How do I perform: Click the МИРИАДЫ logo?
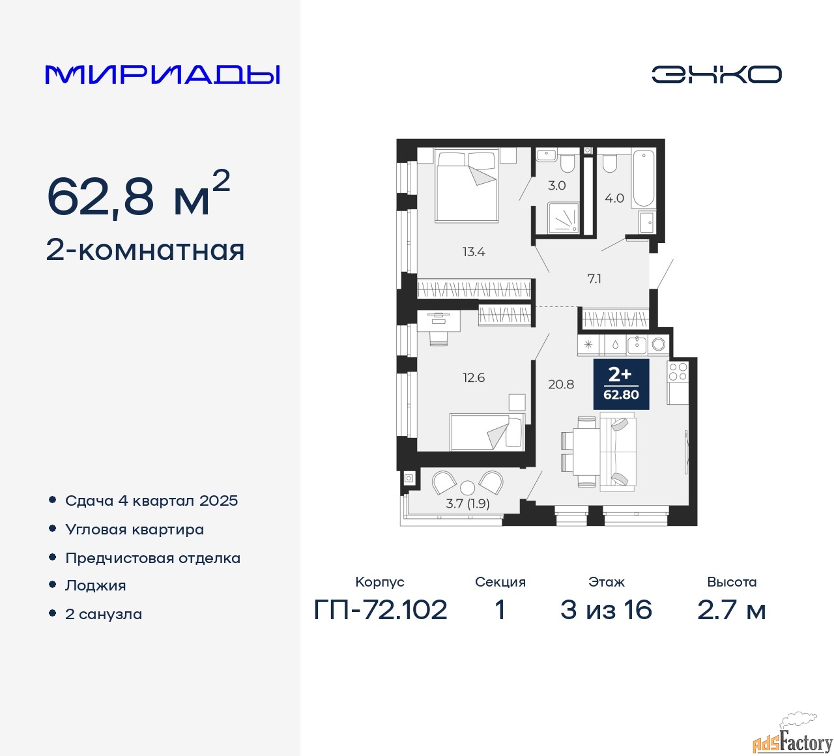(162, 75)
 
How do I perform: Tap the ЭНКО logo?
(716, 74)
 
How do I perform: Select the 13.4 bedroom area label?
(474, 252)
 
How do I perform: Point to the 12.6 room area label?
(474, 377)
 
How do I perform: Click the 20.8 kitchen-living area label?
(561, 385)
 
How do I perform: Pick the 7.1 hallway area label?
(594, 279)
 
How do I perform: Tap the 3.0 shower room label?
(556, 186)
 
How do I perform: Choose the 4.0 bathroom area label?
(614, 198)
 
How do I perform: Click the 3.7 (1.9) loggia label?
(468, 504)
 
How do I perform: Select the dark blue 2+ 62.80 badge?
(621, 385)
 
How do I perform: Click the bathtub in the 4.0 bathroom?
(642, 179)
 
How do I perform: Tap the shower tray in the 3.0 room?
(564, 218)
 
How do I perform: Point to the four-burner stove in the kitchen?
(678, 371)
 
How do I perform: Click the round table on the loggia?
(468, 487)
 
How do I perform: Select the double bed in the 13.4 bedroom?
(467, 186)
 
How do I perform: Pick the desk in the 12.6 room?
(439, 321)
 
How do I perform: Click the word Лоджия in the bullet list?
(95, 585)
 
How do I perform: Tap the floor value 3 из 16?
(606, 609)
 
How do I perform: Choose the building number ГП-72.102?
(380, 609)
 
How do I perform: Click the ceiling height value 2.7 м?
(732, 609)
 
